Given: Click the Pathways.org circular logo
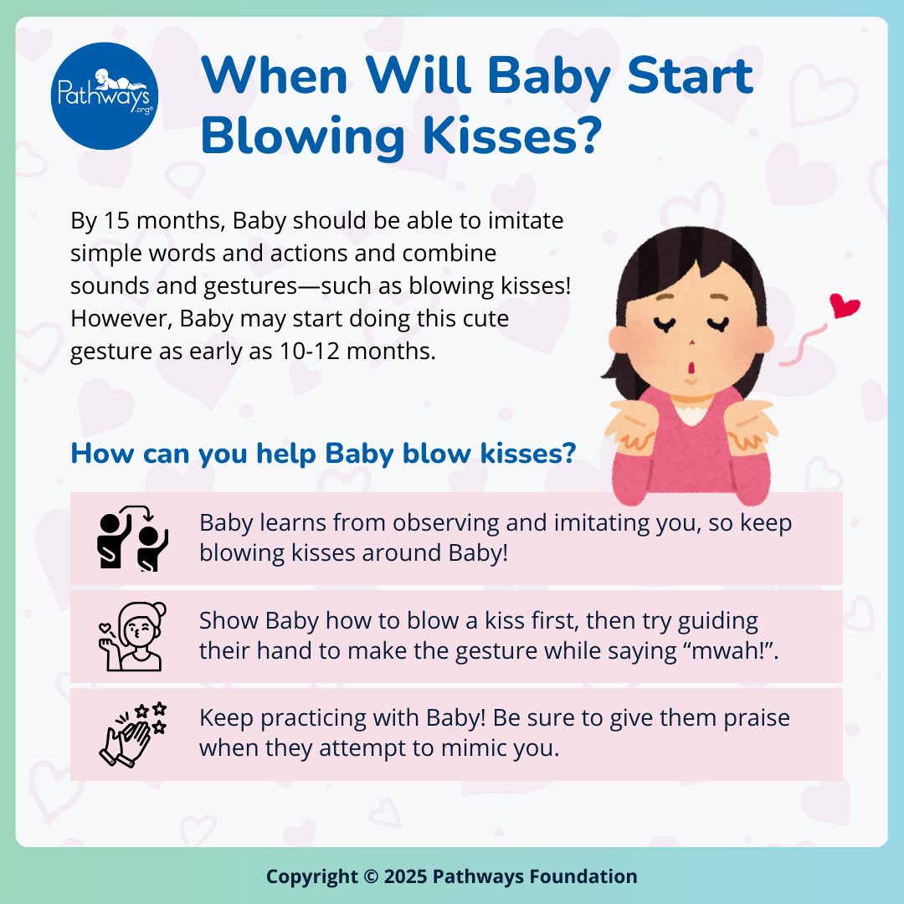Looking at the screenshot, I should [104, 95].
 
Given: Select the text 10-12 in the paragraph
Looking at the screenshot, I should [303, 351].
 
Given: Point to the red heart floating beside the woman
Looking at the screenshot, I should [845, 306].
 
